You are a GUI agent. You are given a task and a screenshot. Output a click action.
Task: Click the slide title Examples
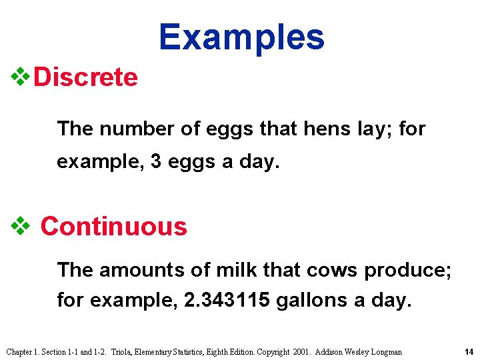[x=241, y=37]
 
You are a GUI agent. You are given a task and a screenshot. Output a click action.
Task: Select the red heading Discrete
[x=85, y=77]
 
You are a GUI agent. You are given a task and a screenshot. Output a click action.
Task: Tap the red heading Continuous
[x=114, y=227]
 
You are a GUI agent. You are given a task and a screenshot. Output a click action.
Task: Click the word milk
[x=238, y=270]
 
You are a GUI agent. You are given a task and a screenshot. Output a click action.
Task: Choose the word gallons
[x=307, y=301]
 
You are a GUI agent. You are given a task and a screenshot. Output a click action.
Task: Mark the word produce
[x=408, y=270]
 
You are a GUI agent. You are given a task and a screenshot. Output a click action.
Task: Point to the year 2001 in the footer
[x=303, y=351]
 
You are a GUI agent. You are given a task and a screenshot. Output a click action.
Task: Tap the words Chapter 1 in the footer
[x=21, y=351]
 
